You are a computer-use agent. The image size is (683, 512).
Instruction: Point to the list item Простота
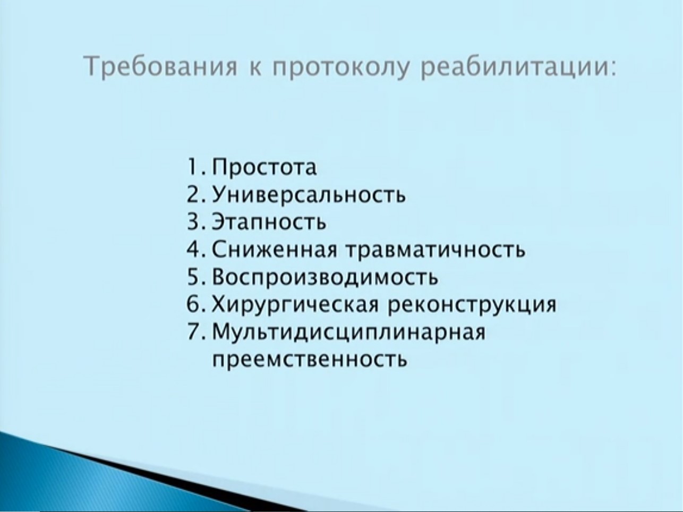(x=264, y=167)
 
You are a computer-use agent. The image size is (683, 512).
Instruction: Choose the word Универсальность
(x=309, y=195)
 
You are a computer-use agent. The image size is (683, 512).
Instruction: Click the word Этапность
(x=269, y=222)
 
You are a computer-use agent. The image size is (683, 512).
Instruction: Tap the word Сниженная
(x=275, y=249)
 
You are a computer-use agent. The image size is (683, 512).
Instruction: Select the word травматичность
(x=436, y=250)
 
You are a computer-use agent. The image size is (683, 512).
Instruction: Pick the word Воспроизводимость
(x=325, y=277)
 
